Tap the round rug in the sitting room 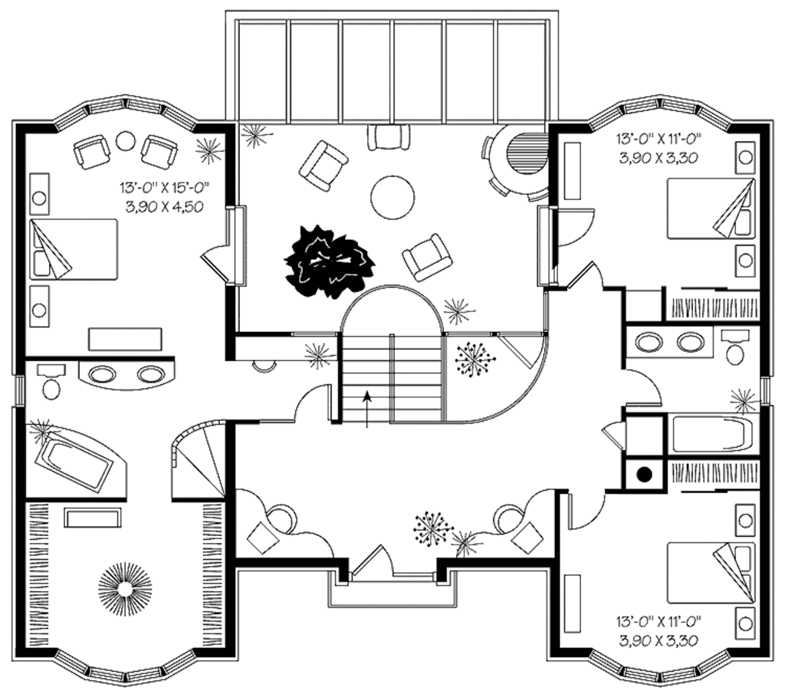(392, 197)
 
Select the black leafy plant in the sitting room (330, 261)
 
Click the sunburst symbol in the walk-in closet (125, 588)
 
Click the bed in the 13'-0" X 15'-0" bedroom (74, 249)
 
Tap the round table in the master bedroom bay (124, 141)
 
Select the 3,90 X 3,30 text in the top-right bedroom (660, 159)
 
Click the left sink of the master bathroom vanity (103, 374)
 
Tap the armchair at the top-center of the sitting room (388, 137)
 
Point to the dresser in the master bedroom (126, 339)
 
